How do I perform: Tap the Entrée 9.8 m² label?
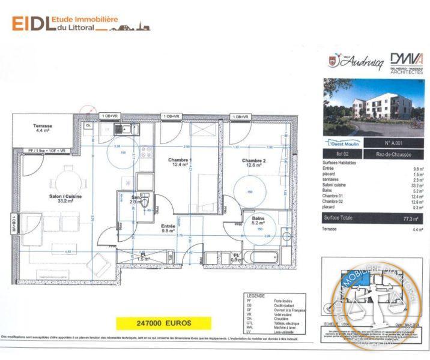tap(169, 227)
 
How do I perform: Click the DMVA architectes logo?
tap(407, 62)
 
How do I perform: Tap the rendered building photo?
tap(374, 108)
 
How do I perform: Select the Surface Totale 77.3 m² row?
tap(373, 218)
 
